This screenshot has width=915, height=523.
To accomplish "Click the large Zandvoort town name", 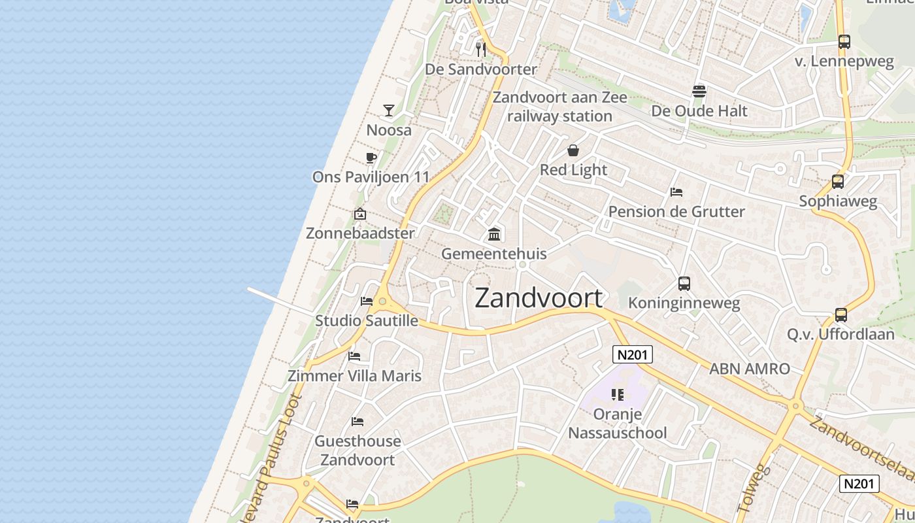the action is point(539,298).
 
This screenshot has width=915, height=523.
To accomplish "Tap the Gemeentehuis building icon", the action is point(495,234).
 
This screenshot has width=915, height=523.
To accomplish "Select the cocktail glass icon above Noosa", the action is point(389,110).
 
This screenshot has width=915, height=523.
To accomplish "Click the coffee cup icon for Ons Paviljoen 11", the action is point(371,158).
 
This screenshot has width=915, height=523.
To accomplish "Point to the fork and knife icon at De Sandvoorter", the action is point(481,49).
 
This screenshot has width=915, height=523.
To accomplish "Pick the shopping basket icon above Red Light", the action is point(573,151).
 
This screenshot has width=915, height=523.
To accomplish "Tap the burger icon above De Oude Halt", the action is point(699,92).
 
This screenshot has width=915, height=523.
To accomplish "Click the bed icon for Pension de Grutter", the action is point(676,192).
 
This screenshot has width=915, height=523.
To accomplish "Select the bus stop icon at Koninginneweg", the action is point(684,284).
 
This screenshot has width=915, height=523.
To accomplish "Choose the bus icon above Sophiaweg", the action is point(838,182).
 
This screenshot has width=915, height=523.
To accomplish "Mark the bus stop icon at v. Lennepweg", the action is point(844,42).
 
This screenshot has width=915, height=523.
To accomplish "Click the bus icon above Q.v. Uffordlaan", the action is point(841,315).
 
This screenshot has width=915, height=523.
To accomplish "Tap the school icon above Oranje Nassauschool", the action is point(618,395).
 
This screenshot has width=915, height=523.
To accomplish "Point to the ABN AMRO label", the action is point(750,369).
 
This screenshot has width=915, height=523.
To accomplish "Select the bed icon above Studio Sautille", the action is point(367,301).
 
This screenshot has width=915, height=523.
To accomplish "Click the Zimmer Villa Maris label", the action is point(355,376).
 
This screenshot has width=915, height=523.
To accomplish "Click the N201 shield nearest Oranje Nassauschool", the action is point(633,354).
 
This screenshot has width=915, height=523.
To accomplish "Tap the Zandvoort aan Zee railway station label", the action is point(560,107).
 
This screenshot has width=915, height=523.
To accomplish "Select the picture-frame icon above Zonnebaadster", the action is point(360,214).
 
